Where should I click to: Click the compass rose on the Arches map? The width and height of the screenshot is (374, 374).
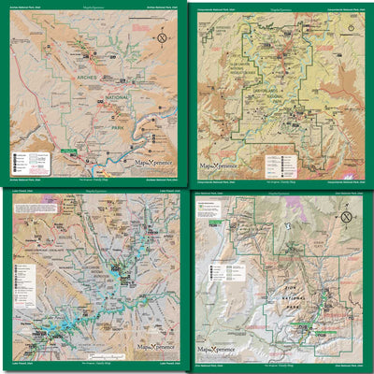pyautogui.click(x=162, y=38)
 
